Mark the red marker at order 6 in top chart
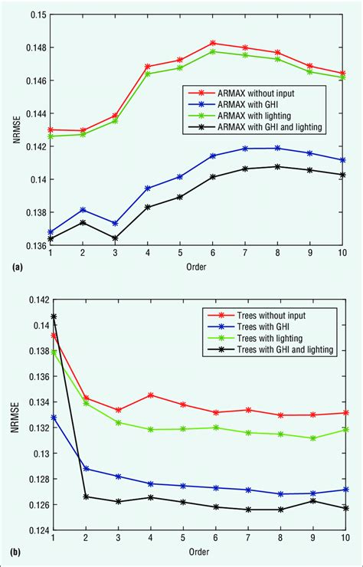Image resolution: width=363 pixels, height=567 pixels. pyautogui.click(x=213, y=43)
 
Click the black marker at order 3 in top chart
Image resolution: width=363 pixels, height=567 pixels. pyautogui.click(x=115, y=238)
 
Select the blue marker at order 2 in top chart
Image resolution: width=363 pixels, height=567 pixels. pyautogui.click(x=83, y=209)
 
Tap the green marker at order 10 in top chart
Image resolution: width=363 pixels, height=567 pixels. pyautogui.click(x=342, y=77)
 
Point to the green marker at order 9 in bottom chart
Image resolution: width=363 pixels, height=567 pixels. pyautogui.click(x=310, y=438)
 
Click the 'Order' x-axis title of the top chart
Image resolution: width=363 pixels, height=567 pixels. pyautogui.click(x=196, y=267)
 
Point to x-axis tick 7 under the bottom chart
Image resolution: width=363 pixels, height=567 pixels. pyautogui.click(x=245, y=539)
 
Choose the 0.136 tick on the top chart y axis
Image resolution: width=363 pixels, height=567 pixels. pyautogui.click(x=31, y=245)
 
